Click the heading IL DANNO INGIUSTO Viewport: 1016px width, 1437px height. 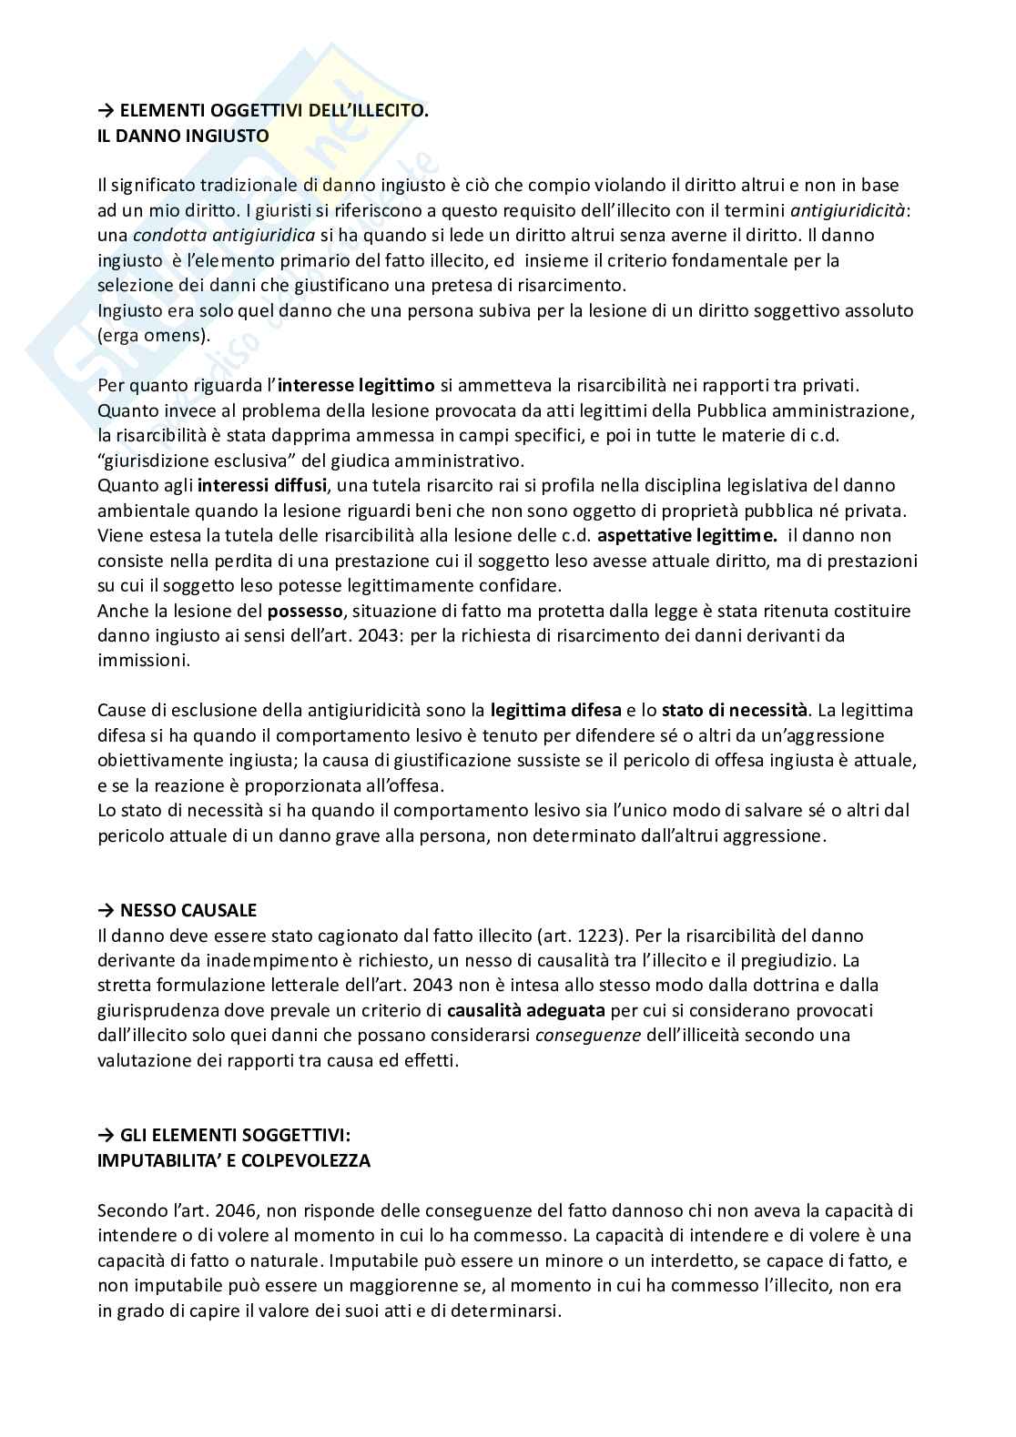pyautogui.click(x=183, y=136)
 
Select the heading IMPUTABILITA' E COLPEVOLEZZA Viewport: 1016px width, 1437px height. pyautogui.click(x=234, y=1161)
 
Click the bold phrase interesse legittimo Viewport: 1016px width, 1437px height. pyautogui.click(x=356, y=386)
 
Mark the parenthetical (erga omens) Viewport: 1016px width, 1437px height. pyautogui.click(x=153, y=335)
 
